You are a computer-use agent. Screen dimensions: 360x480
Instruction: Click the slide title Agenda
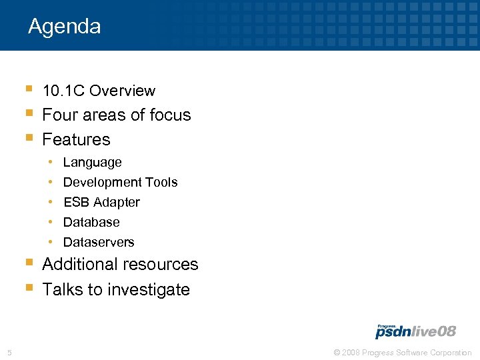click(64, 27)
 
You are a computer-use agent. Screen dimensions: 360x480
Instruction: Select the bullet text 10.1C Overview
click(99, 91)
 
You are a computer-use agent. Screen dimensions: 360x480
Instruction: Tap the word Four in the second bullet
click(58, 115)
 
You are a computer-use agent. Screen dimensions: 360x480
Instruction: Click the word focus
click(170, 115)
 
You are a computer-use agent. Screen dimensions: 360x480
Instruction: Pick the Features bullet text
click(76, 140)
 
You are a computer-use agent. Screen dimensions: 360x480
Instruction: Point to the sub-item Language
click(92, 163)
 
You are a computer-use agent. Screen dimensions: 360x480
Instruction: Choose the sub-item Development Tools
click(120, 182)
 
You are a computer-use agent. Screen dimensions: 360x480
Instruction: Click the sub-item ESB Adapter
click(101, 202)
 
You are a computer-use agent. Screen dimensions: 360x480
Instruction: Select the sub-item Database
click(91, 222)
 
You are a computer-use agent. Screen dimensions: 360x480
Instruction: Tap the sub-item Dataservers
click(99, 242)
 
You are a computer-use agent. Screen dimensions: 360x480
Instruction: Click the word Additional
click(79, 265)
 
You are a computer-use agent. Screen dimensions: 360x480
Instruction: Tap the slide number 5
click(9, 353)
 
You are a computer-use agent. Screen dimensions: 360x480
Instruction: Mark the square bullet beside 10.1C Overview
click(27, 88)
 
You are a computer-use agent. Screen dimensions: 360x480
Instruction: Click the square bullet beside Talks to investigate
click(27, 287)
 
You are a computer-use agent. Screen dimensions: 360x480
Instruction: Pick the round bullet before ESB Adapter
click(51, 202)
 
